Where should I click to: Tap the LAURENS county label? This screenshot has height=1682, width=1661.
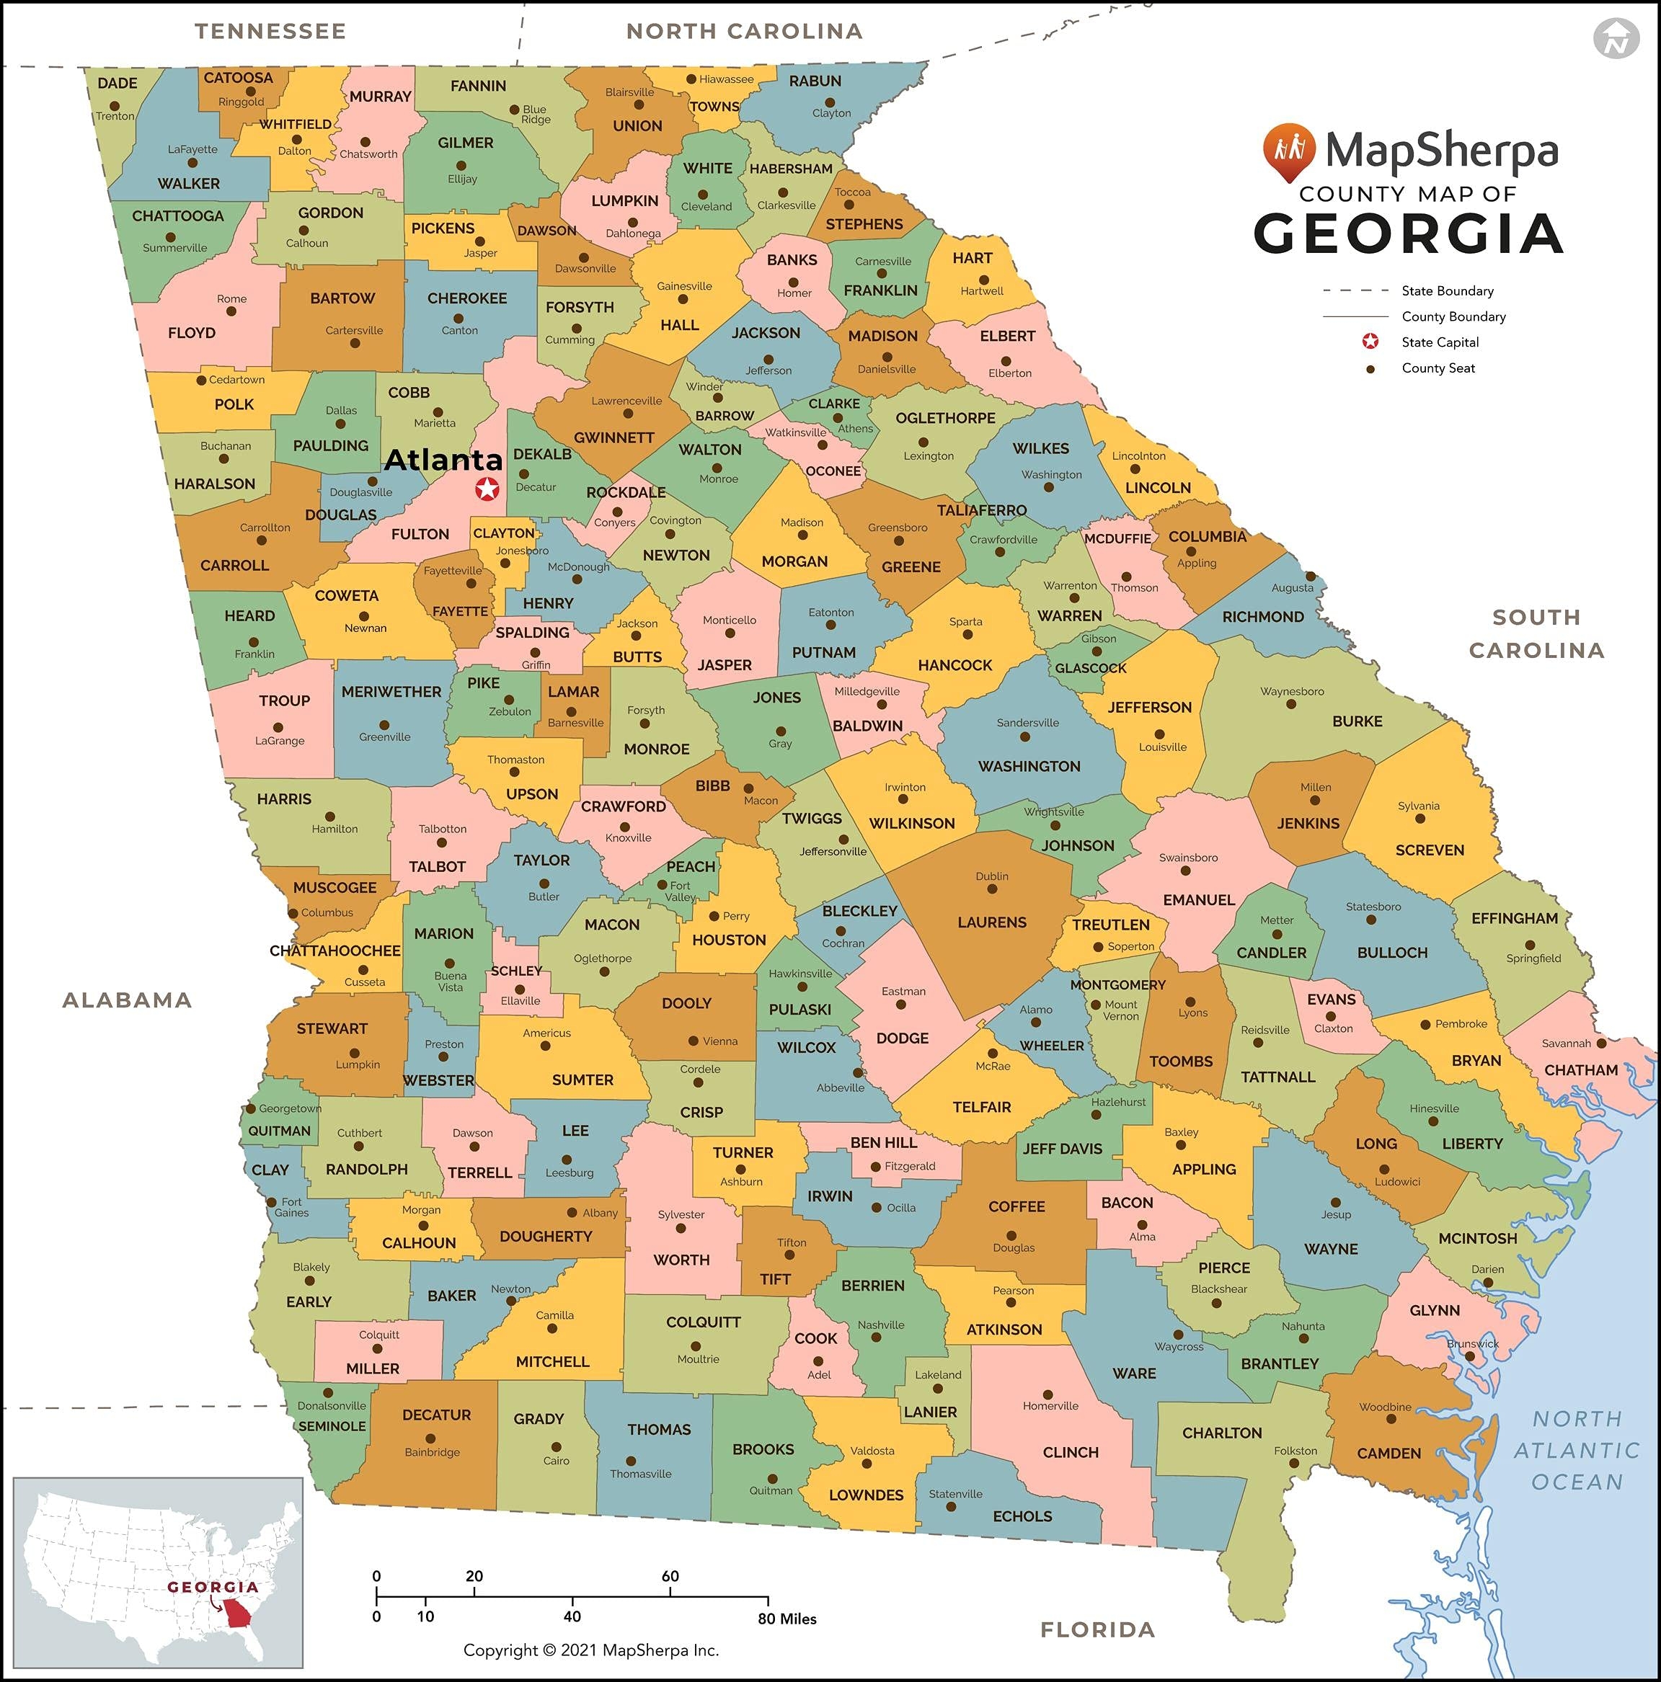click(x=991, y=922)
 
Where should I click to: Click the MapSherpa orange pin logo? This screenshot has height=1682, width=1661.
click(x=1288, y=151)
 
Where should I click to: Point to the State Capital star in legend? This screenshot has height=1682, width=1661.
click(x=1370, y=342)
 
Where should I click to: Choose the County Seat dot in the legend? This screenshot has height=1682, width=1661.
click(x=1370, y=368)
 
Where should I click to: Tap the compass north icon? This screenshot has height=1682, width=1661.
click(x=1616, y=39)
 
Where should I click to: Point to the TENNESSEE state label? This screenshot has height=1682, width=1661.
click(x=270, y=31)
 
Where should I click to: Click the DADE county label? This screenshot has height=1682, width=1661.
click(x=118, y=84)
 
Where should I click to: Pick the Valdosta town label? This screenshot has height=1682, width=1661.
click(x=872, y=1451)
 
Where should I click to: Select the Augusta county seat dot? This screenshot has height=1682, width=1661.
click(x=1310, y=577)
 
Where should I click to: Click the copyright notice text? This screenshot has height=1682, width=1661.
click(x=590, y=1650)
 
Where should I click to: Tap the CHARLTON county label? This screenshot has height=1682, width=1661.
click(x=1221, y=1432)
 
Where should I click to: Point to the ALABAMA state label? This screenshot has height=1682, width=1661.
click(x=127, y=1000)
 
